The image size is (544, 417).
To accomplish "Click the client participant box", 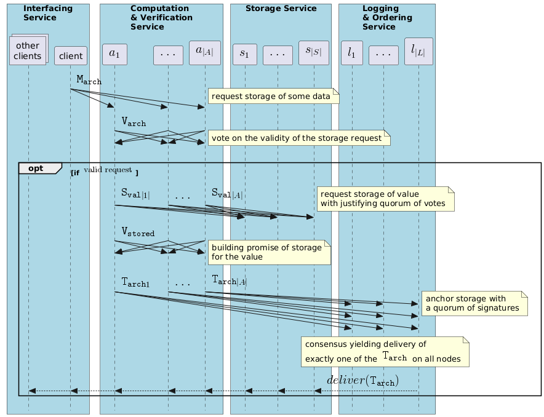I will [x=70, y=56].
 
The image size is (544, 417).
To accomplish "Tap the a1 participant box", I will [x=115, y=54].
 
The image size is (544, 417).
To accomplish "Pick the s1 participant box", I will [x=245, y=54].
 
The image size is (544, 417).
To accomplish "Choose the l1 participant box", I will [x=351, y=54].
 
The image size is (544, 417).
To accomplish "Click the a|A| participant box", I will [x=204, y=52].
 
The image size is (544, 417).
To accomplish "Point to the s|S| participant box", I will [x=313, y=52].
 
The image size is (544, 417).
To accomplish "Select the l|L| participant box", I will [x=418, y=52].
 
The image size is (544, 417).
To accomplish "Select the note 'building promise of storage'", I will [x=270, y=252].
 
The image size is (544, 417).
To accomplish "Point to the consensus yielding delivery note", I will [x=385, y=351].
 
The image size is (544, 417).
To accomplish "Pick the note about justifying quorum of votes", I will [x=386, y=199].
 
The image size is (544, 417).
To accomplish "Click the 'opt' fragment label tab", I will [x=39, y=168].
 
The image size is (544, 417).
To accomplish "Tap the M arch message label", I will [x=89, y=80].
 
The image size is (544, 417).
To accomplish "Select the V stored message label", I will [x=138, y=232].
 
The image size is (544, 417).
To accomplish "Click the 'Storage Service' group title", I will [x=281, y=9].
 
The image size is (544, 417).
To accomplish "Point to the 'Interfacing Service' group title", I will [x=48, y=13].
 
